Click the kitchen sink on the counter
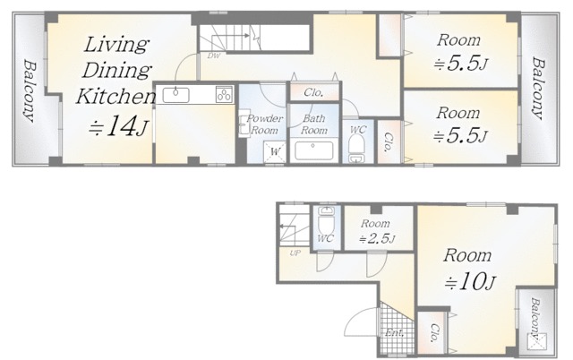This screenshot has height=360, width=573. click(175, 95)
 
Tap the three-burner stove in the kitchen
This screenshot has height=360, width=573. click(224, 94)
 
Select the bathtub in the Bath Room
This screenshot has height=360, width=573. click(313, 150)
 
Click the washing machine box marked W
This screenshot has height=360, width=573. click(274, 151)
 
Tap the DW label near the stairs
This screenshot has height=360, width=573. click(213, 56)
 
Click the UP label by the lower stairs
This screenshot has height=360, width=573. click(295, 253)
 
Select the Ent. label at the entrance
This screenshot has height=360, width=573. click(395, 333)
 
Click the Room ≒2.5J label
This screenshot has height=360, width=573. click(376, 231)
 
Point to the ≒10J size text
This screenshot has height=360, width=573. click(470, 281)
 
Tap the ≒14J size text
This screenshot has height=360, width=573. click(118, 126)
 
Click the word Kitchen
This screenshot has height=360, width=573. click(115, 97)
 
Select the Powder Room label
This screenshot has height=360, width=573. click(265, 124)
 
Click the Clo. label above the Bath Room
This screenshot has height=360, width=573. click(313, 92)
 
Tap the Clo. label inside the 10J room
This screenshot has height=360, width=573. click(433, 332)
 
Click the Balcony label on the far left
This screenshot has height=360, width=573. click(30, 90)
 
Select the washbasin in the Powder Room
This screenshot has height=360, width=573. click(244, 124)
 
